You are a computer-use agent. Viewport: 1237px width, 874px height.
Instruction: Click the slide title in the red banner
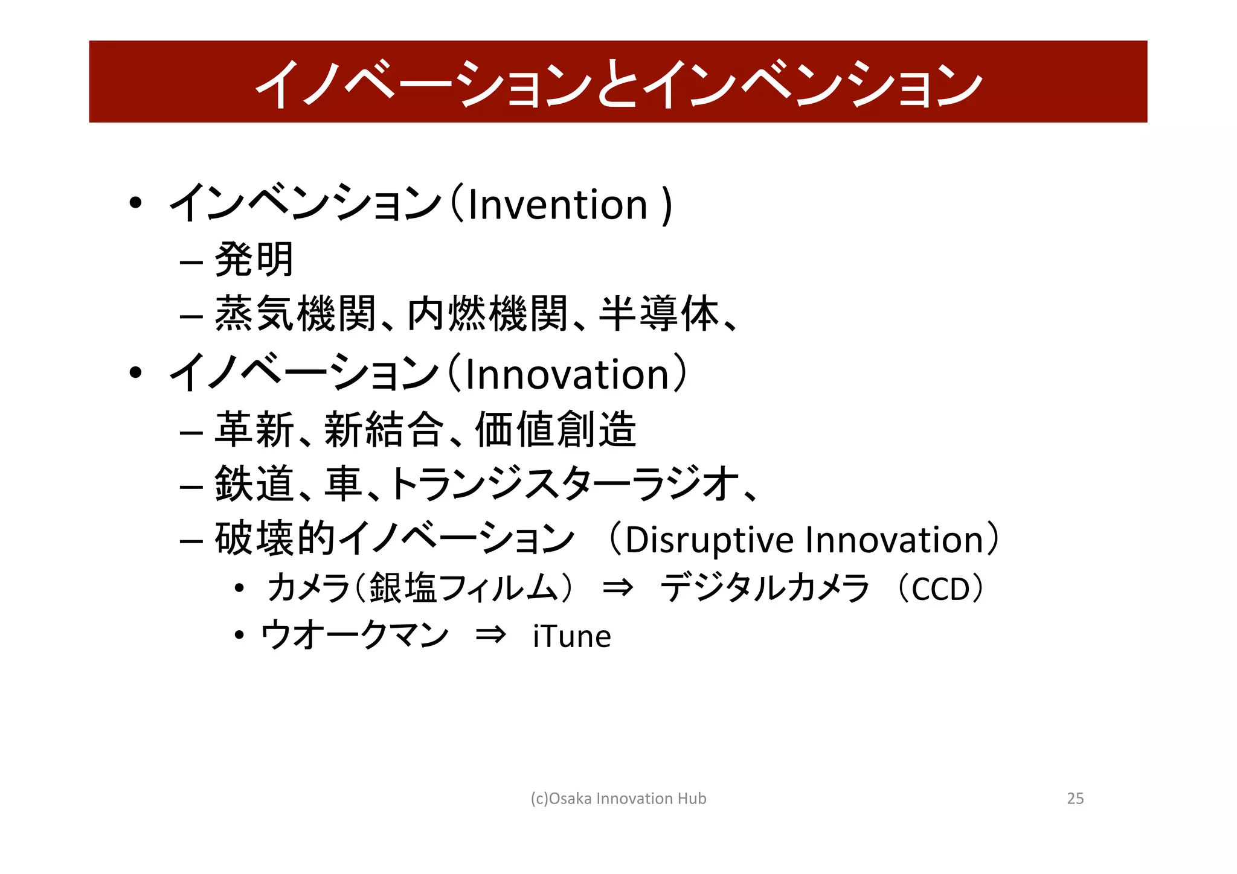point(618,83)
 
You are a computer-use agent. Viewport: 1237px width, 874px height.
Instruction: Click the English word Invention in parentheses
point(557,205)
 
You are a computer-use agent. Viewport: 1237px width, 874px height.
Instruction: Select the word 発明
point(254,260)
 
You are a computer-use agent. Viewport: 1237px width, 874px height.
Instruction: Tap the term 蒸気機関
point(295,314)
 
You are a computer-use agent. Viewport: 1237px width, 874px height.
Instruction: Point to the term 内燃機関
point(488,314)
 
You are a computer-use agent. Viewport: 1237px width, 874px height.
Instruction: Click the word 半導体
point(659,314)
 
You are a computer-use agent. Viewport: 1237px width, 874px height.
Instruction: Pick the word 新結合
point(384,430)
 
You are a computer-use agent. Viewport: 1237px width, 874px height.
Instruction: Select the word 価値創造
point(556,430)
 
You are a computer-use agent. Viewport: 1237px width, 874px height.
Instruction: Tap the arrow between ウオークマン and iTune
point(490,636)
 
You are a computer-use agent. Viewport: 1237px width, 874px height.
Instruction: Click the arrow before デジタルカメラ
point(618,587)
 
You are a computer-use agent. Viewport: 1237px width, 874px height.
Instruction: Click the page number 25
point(1075,799)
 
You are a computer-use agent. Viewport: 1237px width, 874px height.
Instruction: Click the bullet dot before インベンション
point(135,203)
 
